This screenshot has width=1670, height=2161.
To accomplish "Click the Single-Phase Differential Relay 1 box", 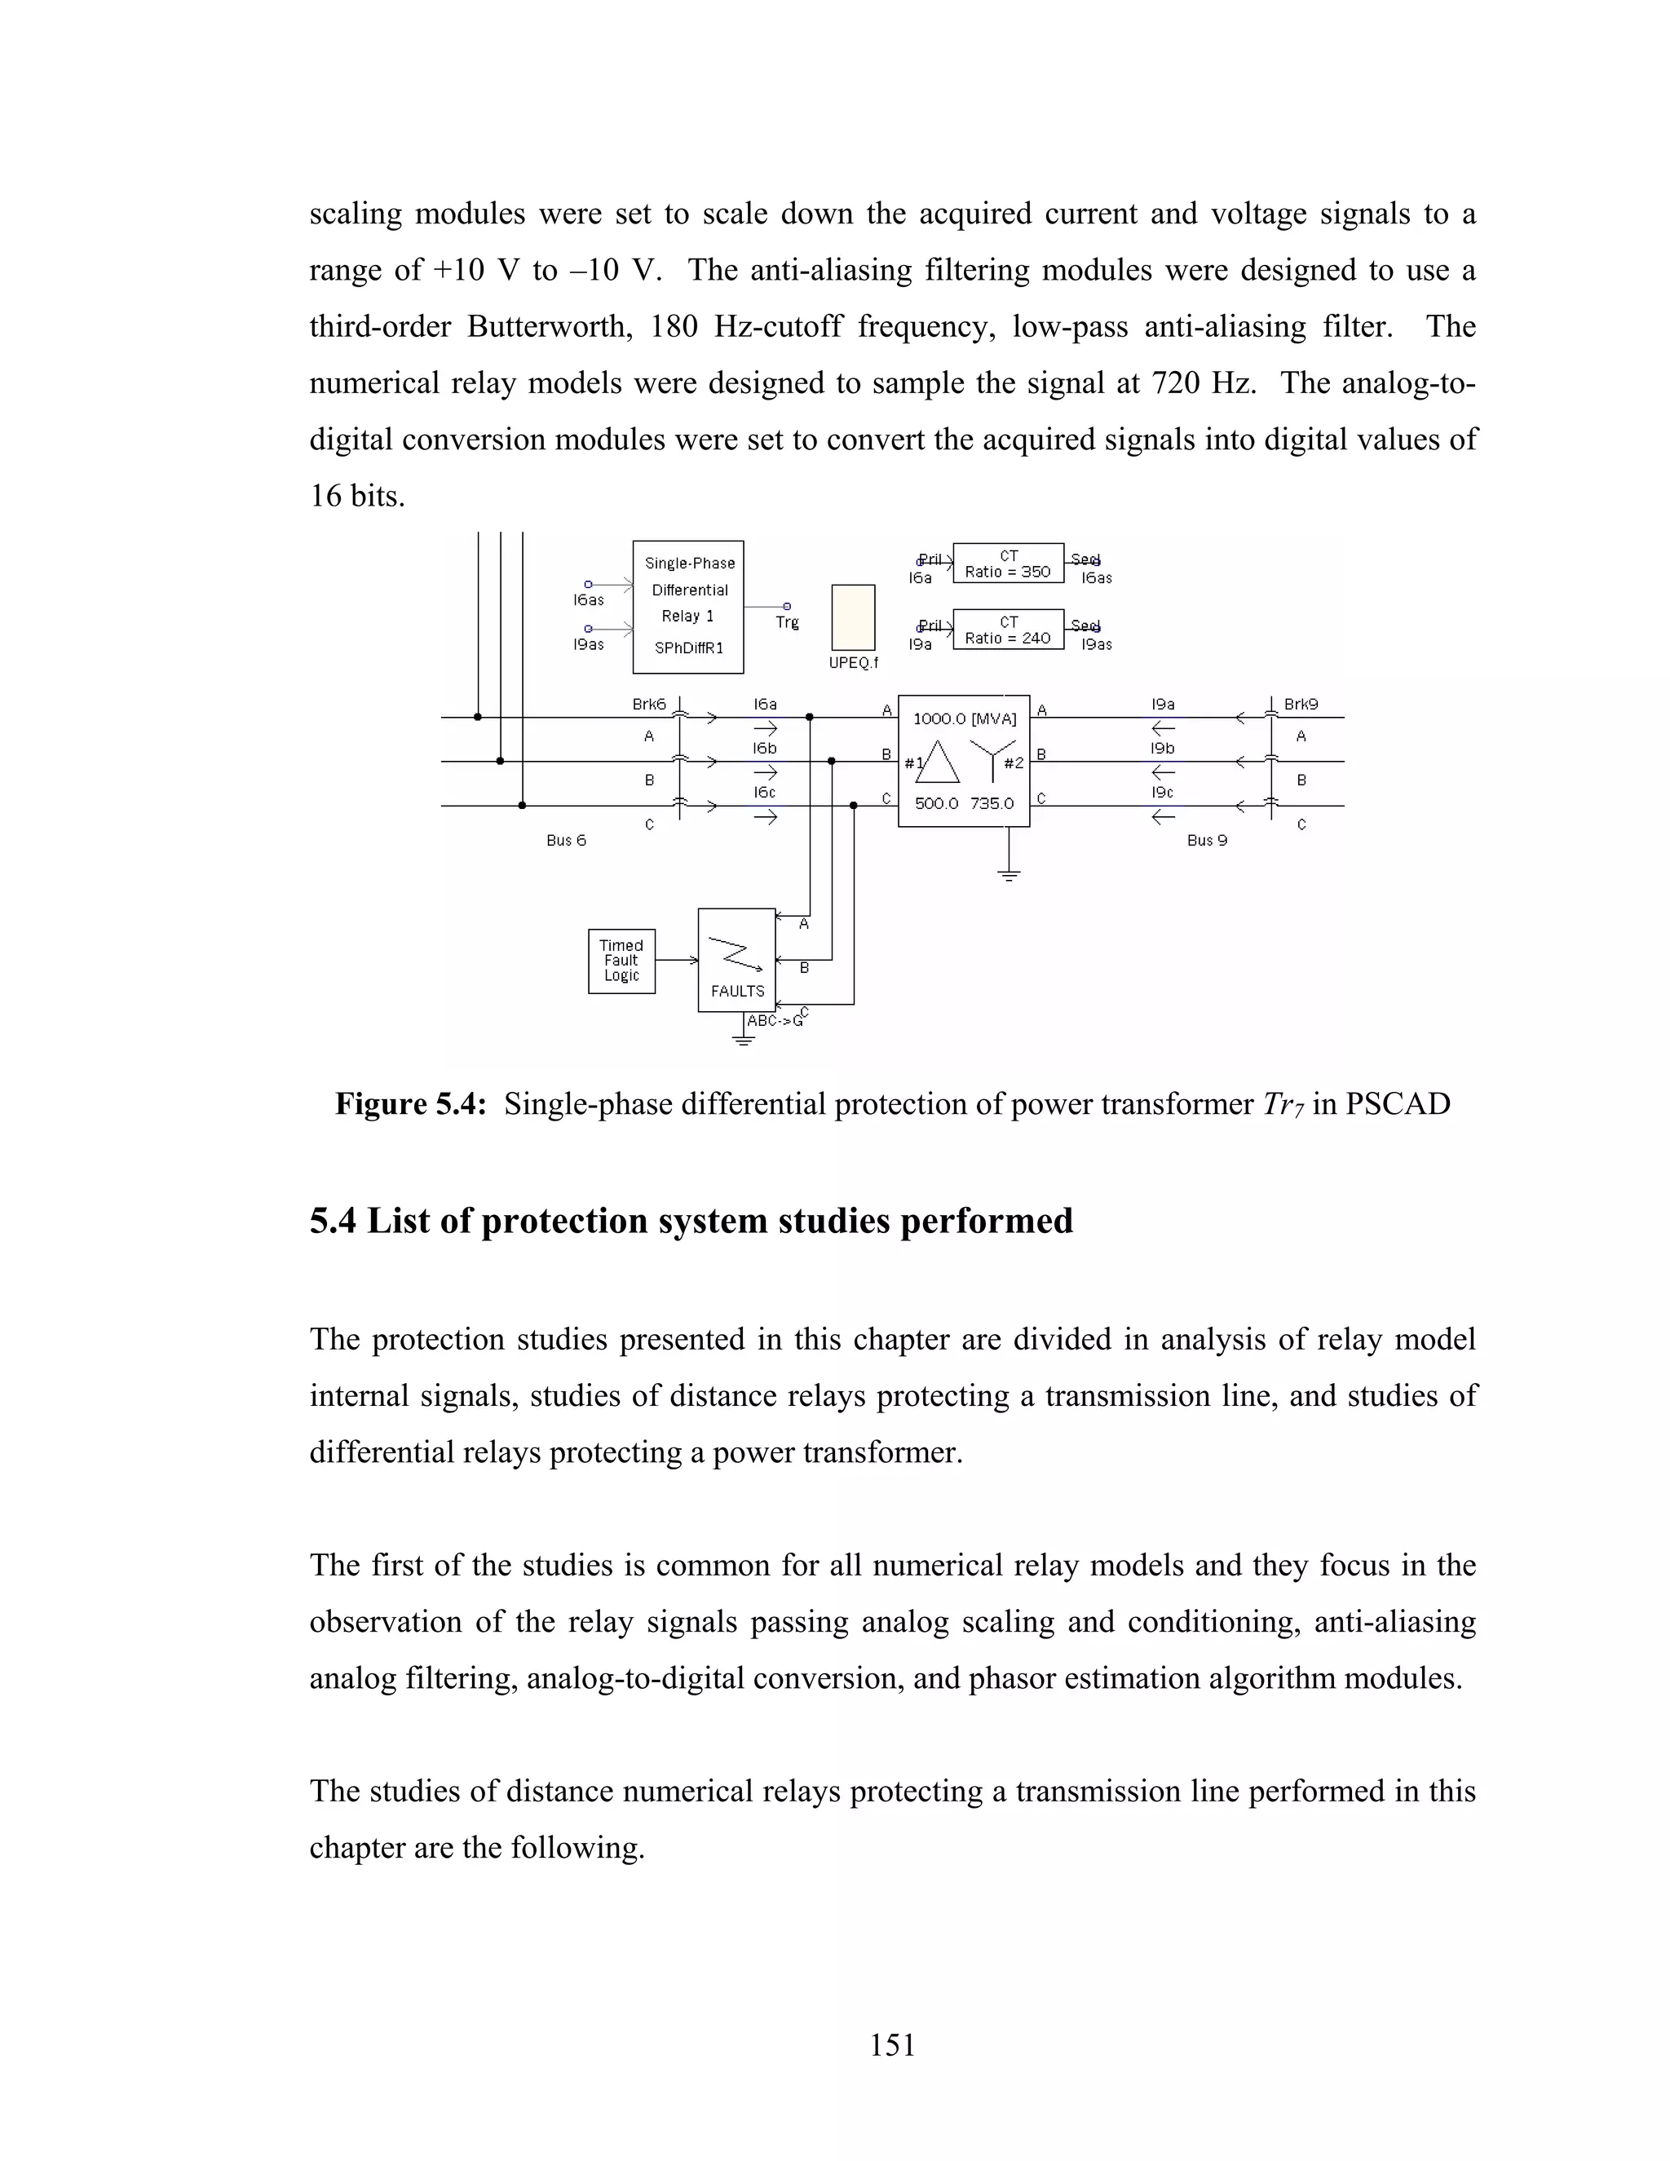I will point(687,607).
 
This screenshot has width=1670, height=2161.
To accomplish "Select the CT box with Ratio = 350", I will point(1007,563).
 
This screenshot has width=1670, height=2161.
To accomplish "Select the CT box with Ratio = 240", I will point(1007,630).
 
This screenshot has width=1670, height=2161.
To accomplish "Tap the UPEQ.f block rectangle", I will point(853,616).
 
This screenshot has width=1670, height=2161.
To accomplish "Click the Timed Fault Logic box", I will point(621,961).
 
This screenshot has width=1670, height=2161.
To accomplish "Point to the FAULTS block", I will point(736,960).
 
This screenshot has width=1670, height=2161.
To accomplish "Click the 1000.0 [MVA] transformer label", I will point(964,719).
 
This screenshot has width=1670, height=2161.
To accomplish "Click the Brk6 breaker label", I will point(649,705).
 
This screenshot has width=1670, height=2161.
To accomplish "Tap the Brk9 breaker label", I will point(1301,705).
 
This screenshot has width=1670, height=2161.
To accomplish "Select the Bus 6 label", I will point(566,840).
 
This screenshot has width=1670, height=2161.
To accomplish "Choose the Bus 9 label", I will point(1207,840).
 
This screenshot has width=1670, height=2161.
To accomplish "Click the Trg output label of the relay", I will point(788,622).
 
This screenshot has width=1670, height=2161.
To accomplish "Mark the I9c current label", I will point(1163,793).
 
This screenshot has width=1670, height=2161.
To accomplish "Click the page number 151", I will point(892,2044).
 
